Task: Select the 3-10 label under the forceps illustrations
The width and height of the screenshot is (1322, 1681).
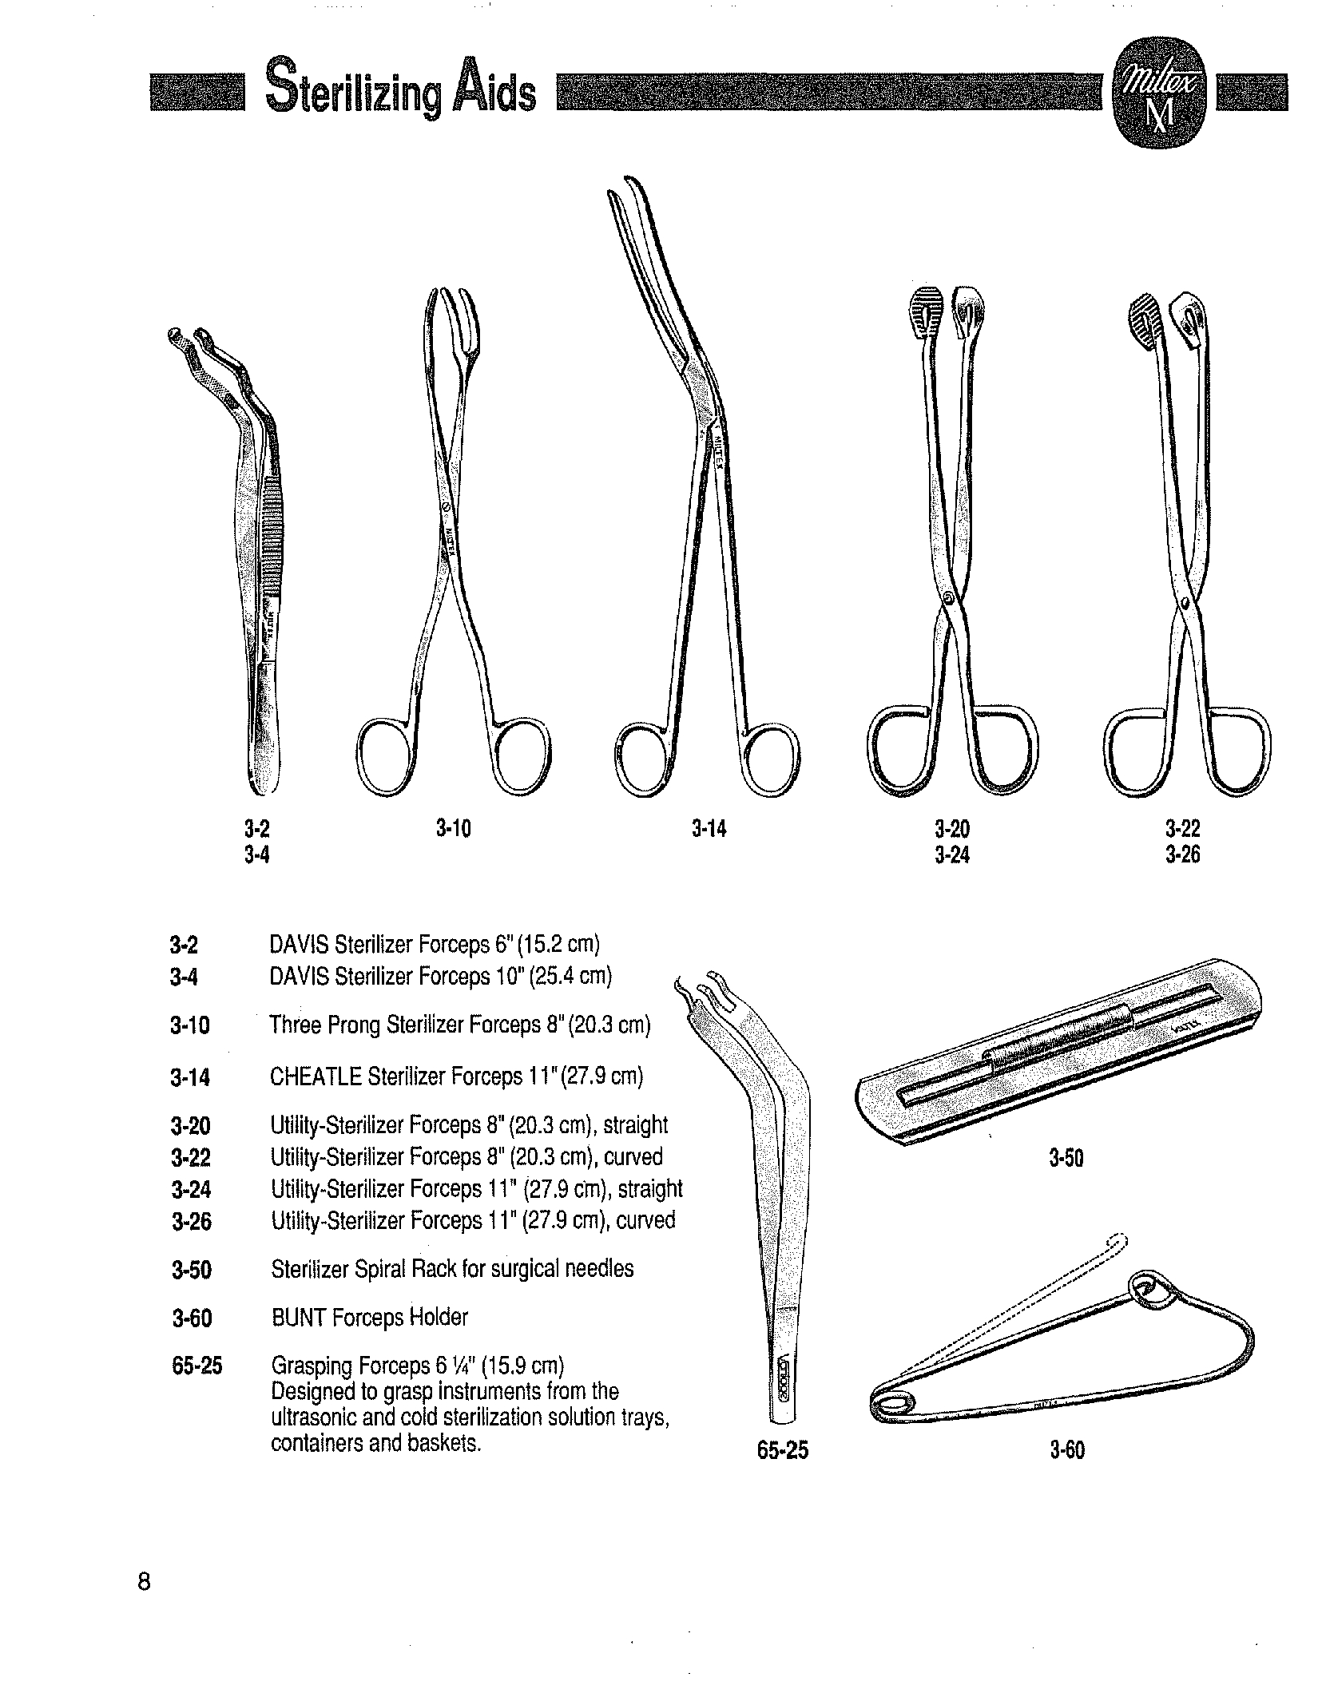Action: pyautogui.click(x=454, y=829)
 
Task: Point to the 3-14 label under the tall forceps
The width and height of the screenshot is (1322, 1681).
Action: pyautogui.click(x=709, y=829)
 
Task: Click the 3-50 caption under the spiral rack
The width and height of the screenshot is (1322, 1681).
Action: pyautogui.click(x=1066, y=1158)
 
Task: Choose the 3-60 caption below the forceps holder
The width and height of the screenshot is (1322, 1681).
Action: pyautogui.click(x=1067, y=1449)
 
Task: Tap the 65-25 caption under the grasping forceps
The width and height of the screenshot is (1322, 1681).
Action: pyautogui.click(x=783, y=1450)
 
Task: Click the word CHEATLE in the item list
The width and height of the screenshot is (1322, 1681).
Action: pyautogui.click(x=316, y=1076)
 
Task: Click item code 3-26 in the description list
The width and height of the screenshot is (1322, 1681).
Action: pyautogui.click(x=192, y=1221)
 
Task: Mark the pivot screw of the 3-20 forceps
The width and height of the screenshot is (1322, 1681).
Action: pyautogui.click(x=948, y=597)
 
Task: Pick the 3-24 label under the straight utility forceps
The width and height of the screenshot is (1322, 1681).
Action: pyautogui.click(x=952, y=856)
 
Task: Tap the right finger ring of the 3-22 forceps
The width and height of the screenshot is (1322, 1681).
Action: pyautogui.click(x=1241, y=752)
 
